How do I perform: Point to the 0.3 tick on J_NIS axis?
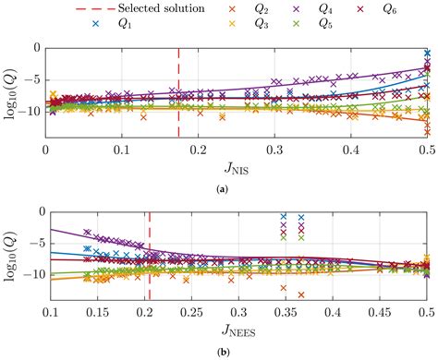tap(274, 150)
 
